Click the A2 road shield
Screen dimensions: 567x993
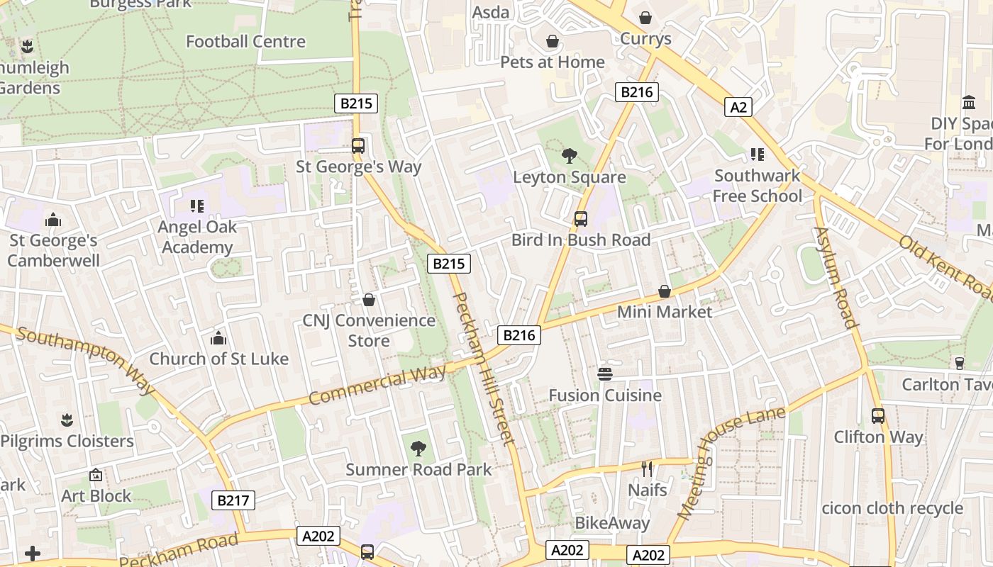tap(738, 107)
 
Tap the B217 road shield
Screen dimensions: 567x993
tap(233, 500)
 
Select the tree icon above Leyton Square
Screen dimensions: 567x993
tap(569, 156)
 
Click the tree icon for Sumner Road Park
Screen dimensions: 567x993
tap(418, 448)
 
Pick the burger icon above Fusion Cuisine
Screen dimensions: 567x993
tap(605, 374)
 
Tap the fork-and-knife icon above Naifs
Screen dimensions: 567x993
tap(647, 468)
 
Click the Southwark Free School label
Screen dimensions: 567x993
tap(757, 186)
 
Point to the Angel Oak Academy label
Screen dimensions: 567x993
tap(197, 237)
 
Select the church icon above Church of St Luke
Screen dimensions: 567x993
tap(218, 337)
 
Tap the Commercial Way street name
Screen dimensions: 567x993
tap(377, 385)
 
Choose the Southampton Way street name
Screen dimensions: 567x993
tap(86, 359)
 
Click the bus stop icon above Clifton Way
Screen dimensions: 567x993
tap(878, 416)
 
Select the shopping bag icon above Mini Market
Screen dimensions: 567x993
tap(665, 291)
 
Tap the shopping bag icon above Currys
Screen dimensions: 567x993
tap(645, 18)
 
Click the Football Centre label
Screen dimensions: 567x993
tap(245, 42)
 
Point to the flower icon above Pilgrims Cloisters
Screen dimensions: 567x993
tap(67, 420)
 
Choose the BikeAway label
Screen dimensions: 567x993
tap(612, 523)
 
